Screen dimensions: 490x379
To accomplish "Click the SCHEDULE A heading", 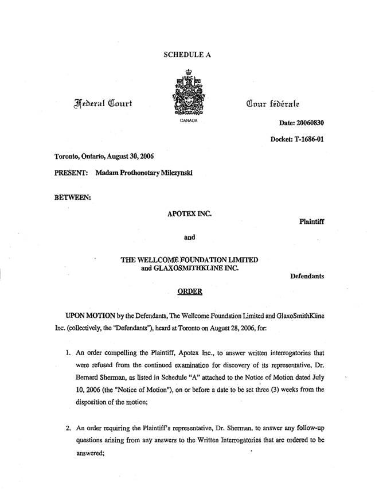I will tap(188, 55).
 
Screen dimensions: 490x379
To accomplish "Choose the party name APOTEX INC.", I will tap(189, 213).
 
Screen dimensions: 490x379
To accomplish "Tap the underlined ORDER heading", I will tap(189, 291).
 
